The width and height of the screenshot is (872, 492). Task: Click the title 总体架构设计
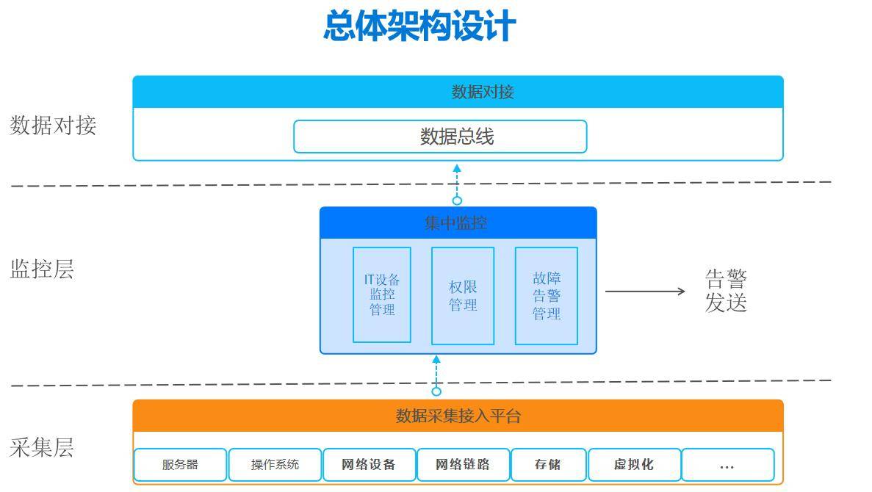coord(419,26)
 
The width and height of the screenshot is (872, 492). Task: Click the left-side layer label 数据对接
coord(53,126)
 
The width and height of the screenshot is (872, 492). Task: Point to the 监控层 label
coord(42,269)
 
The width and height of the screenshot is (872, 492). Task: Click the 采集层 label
coord(42,447)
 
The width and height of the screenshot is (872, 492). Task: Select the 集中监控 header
coord(458,223)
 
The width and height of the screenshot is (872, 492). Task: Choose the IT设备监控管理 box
coord(382,294)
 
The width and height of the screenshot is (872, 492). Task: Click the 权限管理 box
coord(463,295)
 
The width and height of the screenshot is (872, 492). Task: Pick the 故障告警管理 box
coord(547,295)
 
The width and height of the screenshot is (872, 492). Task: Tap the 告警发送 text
coord(726,291)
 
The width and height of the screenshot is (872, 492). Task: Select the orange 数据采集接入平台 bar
coord(458,416)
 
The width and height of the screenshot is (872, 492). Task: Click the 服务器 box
coord(180,465)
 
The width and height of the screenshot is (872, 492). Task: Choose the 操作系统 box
coord(275,465)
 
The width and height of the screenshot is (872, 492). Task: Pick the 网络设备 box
coord(369,465)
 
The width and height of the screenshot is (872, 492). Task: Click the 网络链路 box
coord(463,465)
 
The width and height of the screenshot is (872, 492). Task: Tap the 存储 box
coord(548,465)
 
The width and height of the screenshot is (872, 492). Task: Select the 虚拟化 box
coord(634,465)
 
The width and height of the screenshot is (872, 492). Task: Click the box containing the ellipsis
coord(727,465)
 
